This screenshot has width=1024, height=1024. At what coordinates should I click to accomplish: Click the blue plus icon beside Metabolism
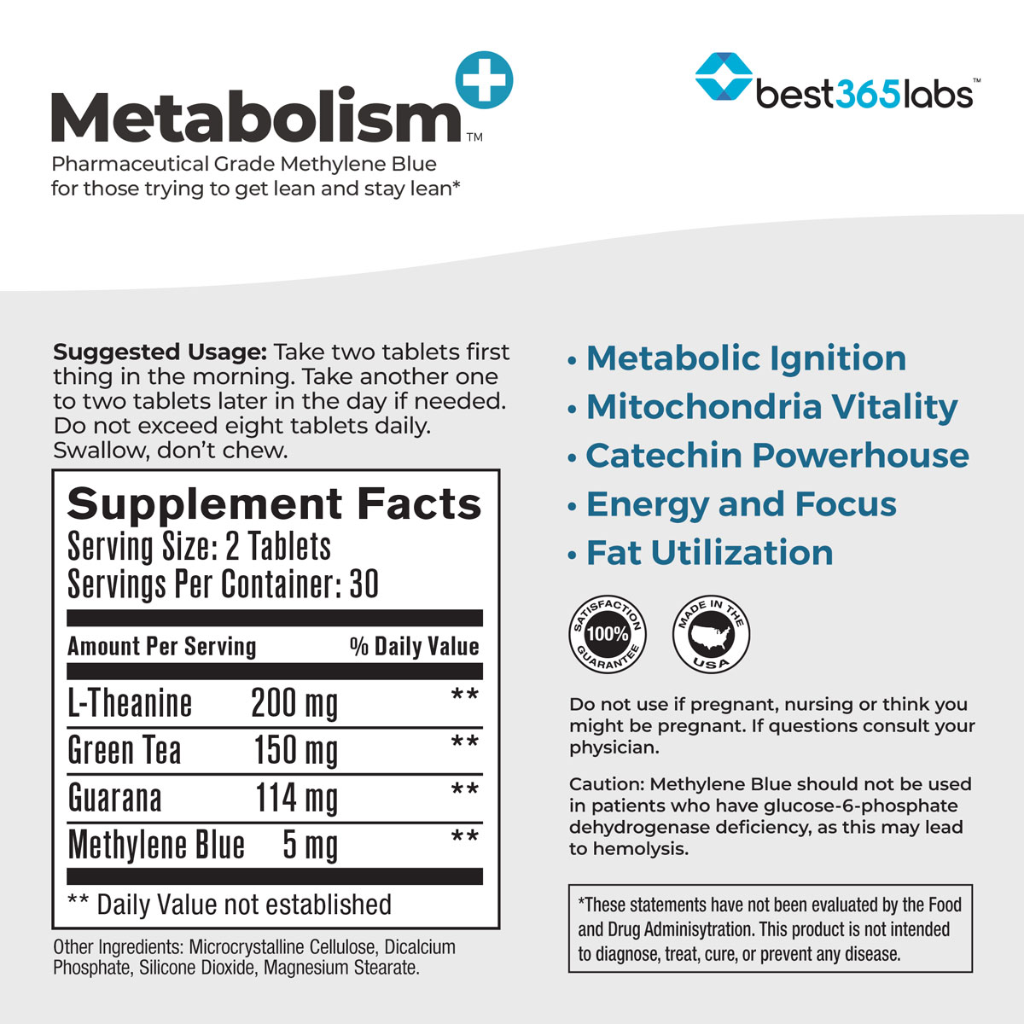pos(485,79)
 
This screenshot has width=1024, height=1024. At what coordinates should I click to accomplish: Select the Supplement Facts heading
pos(274,503)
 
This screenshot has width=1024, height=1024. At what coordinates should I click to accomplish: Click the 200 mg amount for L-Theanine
pos(294,704)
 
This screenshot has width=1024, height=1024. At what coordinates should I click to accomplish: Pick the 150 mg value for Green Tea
pos(296,751)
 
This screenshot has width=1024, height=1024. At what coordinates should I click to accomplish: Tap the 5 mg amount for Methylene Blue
pos(310,846)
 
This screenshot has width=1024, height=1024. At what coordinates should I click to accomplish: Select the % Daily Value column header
pos(414,646)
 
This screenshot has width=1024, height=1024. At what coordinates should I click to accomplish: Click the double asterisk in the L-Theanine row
pos(464,696)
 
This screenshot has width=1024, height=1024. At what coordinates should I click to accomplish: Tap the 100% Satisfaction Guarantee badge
pos(608,635)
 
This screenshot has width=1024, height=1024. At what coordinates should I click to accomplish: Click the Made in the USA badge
pos(711,635)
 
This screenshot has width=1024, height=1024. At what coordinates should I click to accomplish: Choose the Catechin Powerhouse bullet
pos(777,455)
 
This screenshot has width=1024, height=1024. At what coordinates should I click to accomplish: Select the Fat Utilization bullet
pos(709,553)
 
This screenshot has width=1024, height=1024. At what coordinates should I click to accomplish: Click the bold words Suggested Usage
pos(160,352)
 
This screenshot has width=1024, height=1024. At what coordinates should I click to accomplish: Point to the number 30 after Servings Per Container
pos(364,585)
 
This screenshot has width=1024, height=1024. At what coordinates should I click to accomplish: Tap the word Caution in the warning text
pos(606,783)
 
